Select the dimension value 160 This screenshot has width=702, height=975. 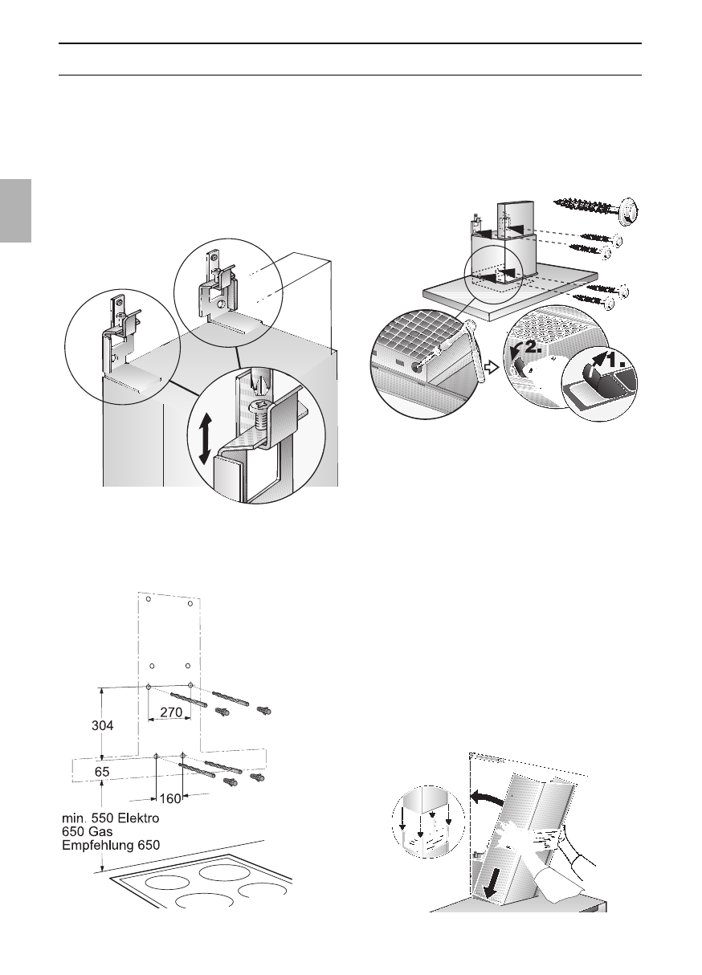point(169,799)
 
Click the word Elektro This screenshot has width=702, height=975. point(134,818)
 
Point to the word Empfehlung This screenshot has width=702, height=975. point(100,845)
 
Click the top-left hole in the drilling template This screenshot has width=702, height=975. point(142,598)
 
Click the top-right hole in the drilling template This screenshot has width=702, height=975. point(189,603)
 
